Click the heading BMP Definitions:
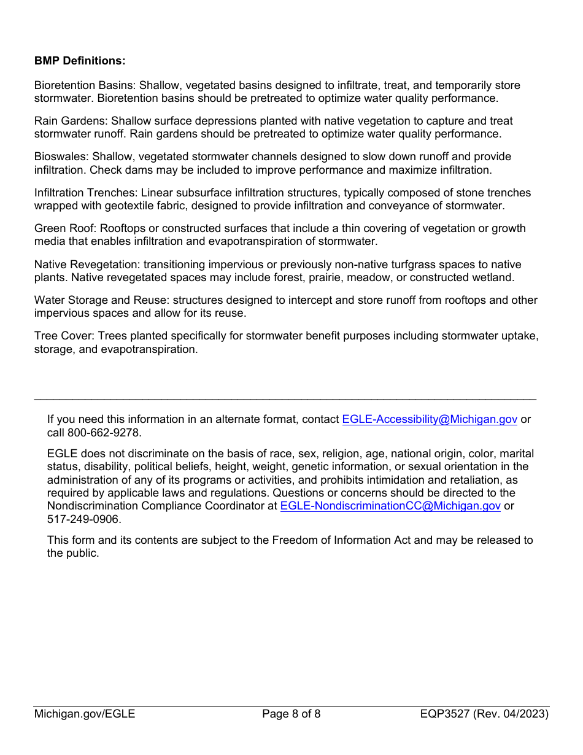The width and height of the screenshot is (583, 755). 80,61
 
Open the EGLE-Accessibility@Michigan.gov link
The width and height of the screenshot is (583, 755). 429,419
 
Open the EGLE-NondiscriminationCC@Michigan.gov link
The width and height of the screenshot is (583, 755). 390,506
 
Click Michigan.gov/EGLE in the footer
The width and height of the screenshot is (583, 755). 85,714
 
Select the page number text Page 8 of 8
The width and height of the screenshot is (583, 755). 291,714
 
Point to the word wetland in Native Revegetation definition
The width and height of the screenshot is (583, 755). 494,277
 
